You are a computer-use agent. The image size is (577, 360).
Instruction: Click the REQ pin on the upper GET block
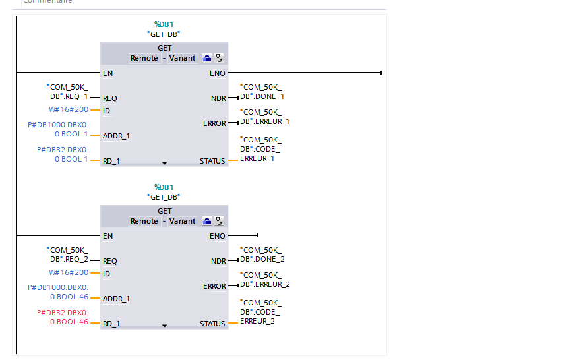click(x=110, y=98)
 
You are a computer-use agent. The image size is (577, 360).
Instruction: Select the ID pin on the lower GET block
click(x=107, y=274)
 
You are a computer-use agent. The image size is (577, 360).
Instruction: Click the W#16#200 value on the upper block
click(x=69, y=109)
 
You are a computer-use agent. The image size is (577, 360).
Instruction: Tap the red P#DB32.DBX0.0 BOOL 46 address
click(x=59, y=317)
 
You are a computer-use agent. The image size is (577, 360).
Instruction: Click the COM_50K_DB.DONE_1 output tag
click(x=262, y=92)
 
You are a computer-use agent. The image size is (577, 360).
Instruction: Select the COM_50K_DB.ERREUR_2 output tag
click(x=264, y=280)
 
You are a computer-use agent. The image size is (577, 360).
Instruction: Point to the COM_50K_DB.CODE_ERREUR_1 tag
click(x=261, y=149)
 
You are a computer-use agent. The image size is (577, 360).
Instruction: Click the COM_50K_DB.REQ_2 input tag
click(x=67, y=255)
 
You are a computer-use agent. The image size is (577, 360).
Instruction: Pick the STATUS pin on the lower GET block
click(x=212, y=324)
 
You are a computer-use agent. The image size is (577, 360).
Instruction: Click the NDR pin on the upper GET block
click(x=218, y=98)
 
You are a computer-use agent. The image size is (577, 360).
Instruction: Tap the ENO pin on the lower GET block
click(x=218, y=236)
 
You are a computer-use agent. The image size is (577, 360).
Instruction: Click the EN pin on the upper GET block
click(x=107, y=73)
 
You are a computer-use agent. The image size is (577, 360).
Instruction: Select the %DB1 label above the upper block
click(x=164, y=24)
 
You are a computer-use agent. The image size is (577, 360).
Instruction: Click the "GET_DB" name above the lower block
click(x=164, y=196)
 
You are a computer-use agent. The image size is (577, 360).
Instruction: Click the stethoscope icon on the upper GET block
click(x=219, y=58)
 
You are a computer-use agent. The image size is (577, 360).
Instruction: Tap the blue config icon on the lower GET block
click(x=207, y=221)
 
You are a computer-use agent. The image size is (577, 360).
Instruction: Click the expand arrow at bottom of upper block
click(x=165, y=162)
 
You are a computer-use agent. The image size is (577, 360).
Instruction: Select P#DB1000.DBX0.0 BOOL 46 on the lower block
click(x=58, y=292)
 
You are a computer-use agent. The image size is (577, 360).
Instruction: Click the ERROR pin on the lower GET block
click(x=214, y=286)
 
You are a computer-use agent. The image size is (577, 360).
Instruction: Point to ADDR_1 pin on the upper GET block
click(x=117, y=136)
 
